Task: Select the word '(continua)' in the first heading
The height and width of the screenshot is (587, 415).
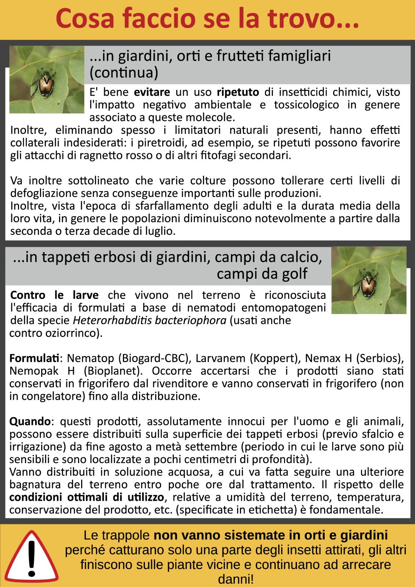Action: (124, 73)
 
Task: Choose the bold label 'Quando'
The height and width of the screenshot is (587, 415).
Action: (30, 421)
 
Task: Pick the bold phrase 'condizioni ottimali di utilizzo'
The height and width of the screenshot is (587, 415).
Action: (87, 497)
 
